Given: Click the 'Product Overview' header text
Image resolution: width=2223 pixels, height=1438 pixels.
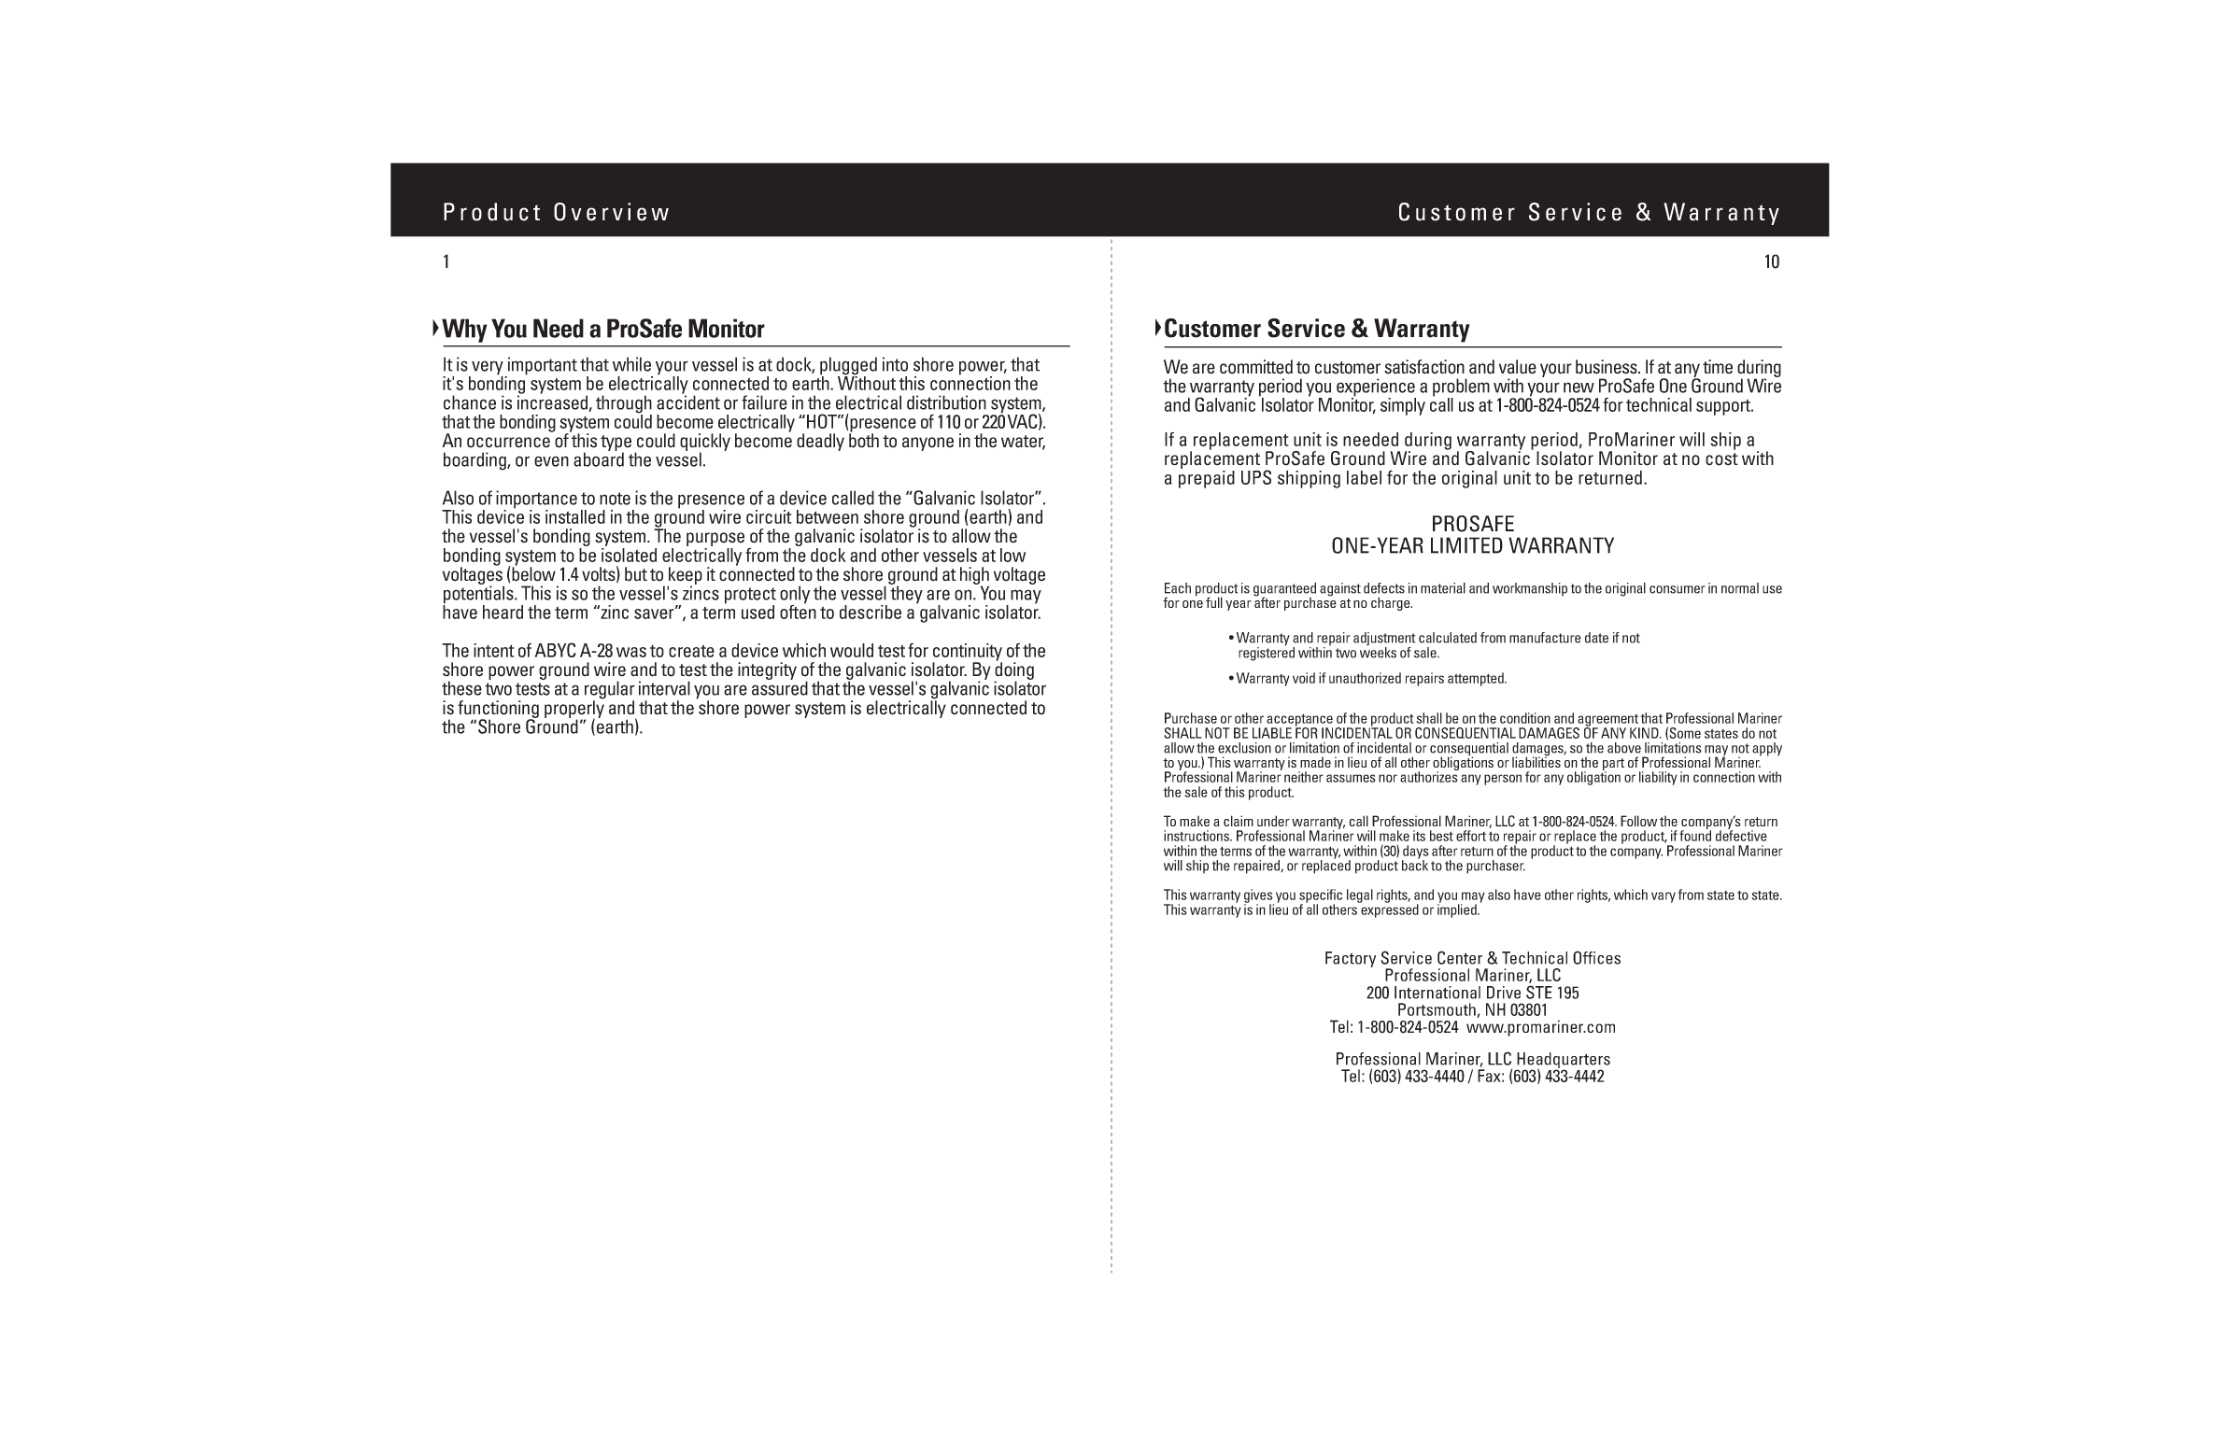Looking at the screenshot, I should pyautogui.click(x=556, y=213).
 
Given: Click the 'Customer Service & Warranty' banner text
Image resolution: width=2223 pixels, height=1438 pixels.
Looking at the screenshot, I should pyautogui.click(x=1589, y=213).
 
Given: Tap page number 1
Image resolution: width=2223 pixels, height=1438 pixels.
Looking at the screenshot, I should pyautogui.click(x=446, y=262).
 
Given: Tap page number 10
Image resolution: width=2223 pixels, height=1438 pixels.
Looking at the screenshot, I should pyautogui.click(x=1771, y=262).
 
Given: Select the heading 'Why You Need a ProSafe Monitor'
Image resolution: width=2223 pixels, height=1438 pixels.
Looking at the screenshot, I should pyautogui.click(x=602, y=329).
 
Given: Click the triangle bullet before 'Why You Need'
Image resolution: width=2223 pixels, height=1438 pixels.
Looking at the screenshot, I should pyautogui.click(x=435, y=328).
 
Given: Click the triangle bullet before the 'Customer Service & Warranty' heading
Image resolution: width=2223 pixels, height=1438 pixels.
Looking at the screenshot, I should pyautogui.click(x=1157, y=328).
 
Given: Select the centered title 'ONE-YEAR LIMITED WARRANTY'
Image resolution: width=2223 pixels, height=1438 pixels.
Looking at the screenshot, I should pyautogui.click(x=1472, y=546).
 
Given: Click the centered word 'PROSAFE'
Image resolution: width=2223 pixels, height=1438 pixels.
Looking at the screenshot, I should pyautogui.click(x=1472, y=524).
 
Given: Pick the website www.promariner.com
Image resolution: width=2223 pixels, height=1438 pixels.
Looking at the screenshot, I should pyautogui.click(x=1540, y=1027).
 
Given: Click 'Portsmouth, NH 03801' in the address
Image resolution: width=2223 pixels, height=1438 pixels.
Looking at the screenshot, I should pyautogui.click(x=1472, y=1010).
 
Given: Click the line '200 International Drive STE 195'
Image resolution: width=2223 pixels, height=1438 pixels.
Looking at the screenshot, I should pyautogui.click(x=1472, y=994).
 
